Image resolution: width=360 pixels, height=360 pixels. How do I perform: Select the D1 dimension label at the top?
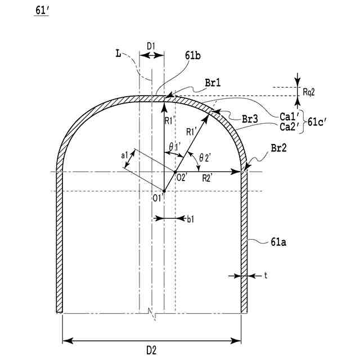pyautogui.click(x=151, y=45)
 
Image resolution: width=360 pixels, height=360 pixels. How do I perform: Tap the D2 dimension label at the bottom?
pyautogui.click(x=151, y=350)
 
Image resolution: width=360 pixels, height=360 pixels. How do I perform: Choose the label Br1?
pyautogui.click(x=213, y=82)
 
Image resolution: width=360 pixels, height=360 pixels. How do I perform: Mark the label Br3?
pyautogui.click(x=249, y=119)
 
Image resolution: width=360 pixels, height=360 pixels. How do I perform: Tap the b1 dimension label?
pyautogui.click(x=190, y=219)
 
